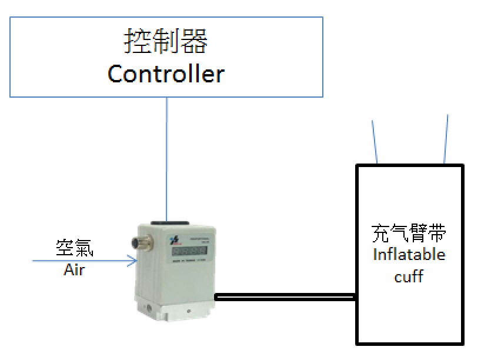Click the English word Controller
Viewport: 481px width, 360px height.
[166, 74]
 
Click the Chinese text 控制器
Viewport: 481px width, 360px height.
[166, 42]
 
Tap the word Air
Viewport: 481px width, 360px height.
[74, 271]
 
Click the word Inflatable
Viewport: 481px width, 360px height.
[409, 255]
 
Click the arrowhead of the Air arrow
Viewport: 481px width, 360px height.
[132, 261]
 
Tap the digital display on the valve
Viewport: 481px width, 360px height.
[188, 250]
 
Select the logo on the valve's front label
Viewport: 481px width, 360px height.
[173, 239]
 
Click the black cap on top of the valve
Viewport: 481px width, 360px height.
[169, 224]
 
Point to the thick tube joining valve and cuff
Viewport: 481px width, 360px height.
[285, 298]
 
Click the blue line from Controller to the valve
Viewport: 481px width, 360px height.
[167, 159]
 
